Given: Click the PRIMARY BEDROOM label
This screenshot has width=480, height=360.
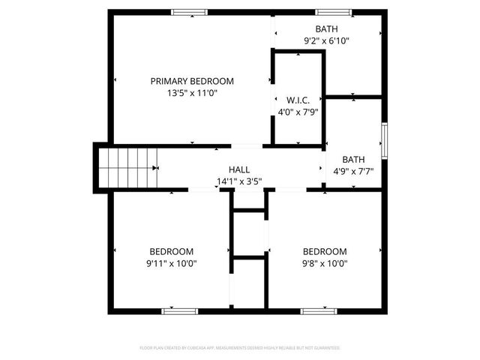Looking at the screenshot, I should (x=192, y=81).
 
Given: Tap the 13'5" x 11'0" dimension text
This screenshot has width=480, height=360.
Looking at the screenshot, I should (x=192, y=94).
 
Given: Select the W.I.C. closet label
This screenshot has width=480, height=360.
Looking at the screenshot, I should (x=298, y=100).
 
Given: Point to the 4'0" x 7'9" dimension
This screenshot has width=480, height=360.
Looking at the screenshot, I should (x=298, y=112).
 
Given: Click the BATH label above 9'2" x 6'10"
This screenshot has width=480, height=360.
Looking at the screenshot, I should (x=326, y=28).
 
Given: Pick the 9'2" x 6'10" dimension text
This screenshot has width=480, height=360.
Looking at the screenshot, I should (x=326, y=41).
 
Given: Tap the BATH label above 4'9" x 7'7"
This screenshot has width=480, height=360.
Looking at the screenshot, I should (x=353, y=159).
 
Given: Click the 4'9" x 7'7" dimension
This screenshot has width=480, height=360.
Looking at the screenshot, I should (x=353, y=171).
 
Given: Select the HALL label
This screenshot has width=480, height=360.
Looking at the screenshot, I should (x=239, y=170).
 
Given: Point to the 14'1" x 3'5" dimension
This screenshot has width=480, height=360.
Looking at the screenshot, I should (x=239, y=181).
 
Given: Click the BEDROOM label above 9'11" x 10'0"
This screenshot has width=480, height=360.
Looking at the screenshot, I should (x=172, y=251).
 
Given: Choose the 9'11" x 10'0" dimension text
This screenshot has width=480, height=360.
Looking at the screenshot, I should (x=172, y=263).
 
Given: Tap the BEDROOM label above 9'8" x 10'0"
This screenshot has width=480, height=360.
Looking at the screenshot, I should (x=325, y=251).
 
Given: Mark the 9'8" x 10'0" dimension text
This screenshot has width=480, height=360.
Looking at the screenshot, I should (x=325, y=263).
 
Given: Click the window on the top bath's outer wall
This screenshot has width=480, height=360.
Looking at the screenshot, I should (x=332, y=12).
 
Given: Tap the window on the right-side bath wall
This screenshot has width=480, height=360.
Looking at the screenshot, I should (x=384, y=140).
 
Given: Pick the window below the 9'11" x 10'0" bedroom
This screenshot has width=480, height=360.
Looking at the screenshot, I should (x=180, y=310).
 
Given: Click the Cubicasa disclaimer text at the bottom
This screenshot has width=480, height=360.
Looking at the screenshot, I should (x=240, y=348).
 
